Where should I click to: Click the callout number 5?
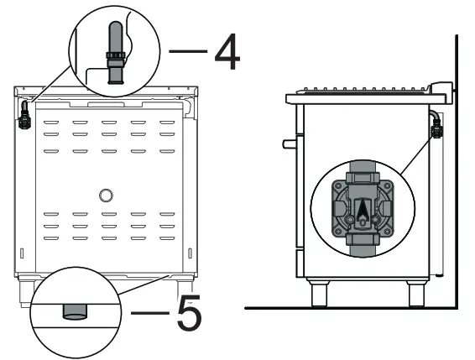coord(187,316)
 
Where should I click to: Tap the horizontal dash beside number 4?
coord(186,52)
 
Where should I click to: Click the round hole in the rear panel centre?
coord(105,196)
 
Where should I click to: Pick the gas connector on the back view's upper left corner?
coord(25,118)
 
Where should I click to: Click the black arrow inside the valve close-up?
coord(361,213)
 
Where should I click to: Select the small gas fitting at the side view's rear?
coord(436,128)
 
